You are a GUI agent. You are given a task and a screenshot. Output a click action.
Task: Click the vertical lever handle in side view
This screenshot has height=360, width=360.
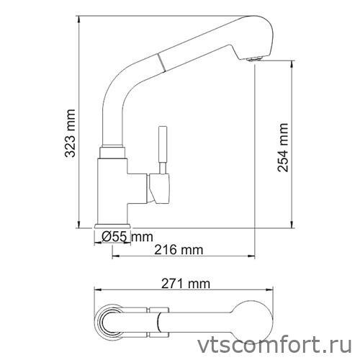[x=162, y=147]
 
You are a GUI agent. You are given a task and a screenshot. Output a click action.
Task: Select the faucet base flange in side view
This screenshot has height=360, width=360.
[x=112, y=226]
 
